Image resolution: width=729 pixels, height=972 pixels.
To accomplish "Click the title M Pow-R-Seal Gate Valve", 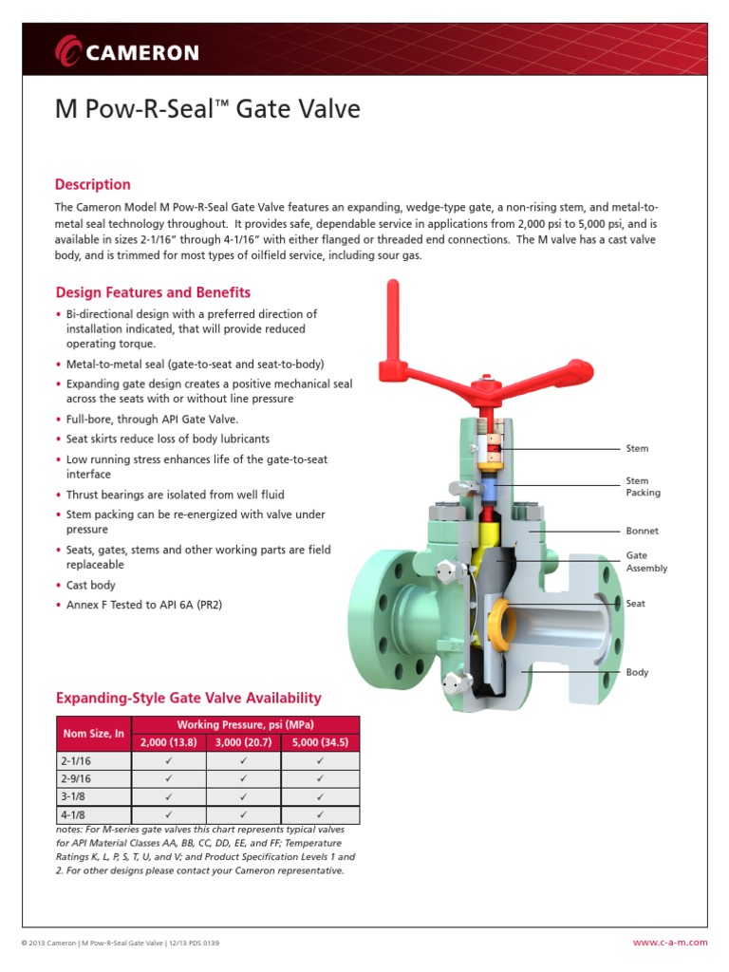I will [x=208, y=109].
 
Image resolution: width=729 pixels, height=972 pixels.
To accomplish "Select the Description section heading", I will [x=93, y=184].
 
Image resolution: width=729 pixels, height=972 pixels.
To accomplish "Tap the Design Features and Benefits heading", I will [x=153, y=292].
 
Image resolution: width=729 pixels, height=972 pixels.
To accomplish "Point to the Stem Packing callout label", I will [x=643, y=487].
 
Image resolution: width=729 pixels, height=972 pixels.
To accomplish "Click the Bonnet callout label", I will [x=642, y=531].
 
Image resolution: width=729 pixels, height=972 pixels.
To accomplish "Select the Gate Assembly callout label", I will [x=646, y=561].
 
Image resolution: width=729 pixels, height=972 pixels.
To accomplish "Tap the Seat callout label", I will [x=635, y=603].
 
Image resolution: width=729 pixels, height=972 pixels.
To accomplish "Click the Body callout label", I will [x=637, y=672].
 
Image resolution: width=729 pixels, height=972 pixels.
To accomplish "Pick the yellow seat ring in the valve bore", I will [x=500, y=624].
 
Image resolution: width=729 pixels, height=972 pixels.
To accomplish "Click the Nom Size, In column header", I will [x=94, y=734].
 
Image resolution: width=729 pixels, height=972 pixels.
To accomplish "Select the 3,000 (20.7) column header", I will [x=243, y=742].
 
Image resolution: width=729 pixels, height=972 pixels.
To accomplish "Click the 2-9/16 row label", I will [x=76, y=778].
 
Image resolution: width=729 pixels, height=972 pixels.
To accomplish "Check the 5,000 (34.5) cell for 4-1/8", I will [x=320, y=814].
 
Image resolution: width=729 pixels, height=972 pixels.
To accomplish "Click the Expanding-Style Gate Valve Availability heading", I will [x=188, y=698].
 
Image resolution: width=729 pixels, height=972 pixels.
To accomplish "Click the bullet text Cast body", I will [x=91, y=586].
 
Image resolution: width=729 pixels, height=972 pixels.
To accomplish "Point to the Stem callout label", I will [x=637, y=448].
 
